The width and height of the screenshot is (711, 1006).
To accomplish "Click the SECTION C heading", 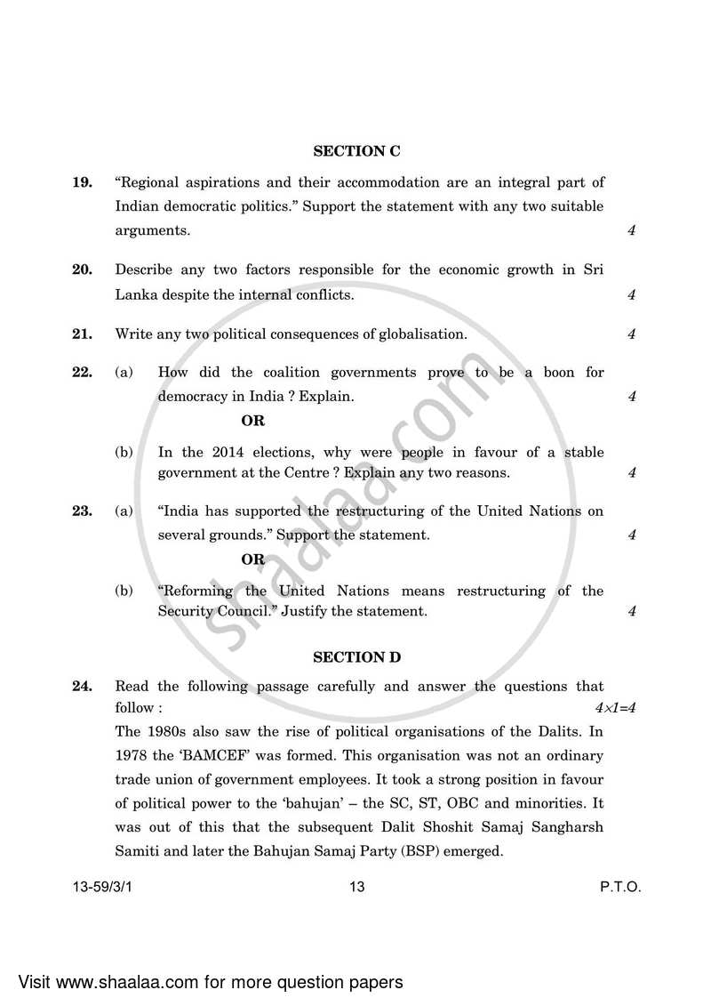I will click(356, 151).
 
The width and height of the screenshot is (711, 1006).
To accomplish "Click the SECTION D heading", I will click(356, 657).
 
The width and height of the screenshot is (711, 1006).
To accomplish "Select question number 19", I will click(82, 182).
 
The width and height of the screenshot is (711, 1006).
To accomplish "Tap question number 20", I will click(82, 270).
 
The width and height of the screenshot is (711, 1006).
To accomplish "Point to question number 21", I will click(82, 334).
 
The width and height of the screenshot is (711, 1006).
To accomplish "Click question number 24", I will click(82, 686).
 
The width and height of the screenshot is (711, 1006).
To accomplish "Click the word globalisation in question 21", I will click(421, 334).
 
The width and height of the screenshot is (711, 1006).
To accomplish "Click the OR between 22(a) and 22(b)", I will click(252, 421).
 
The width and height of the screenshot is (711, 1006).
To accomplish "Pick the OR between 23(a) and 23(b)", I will click(252, 559).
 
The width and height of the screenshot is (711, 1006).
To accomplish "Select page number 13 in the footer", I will click(357, 887).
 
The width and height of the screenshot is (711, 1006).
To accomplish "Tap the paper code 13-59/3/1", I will click(107, 887).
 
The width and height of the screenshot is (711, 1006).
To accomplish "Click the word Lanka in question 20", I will click(135, 294).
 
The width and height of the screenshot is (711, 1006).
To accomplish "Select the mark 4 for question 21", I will click(631, 335).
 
